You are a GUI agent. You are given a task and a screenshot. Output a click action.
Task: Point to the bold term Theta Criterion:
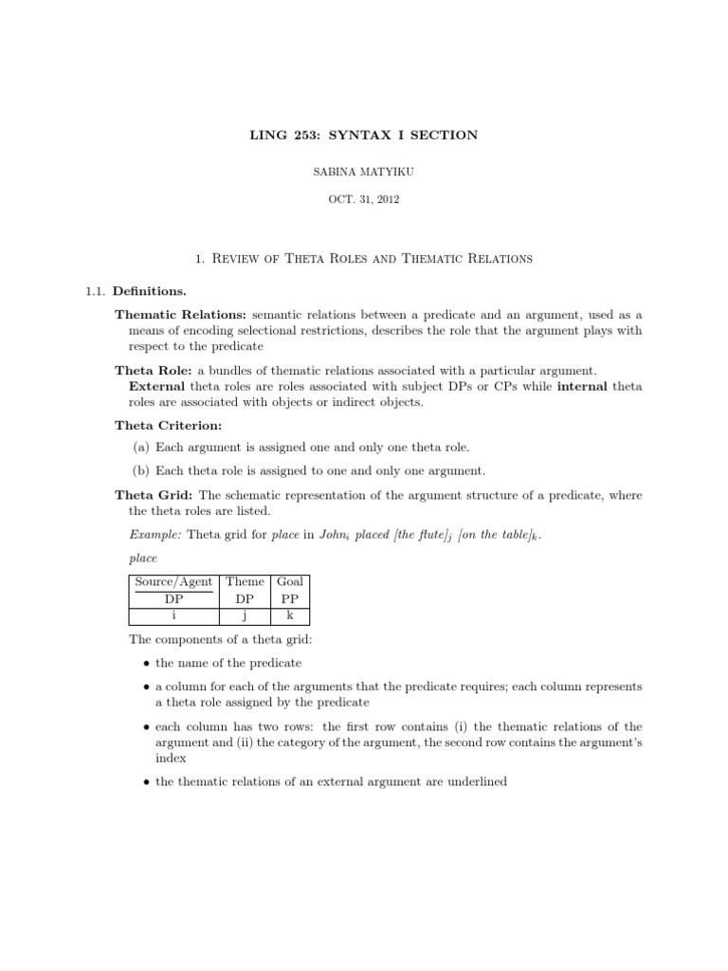168,426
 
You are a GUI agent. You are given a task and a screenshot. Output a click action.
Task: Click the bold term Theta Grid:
156,494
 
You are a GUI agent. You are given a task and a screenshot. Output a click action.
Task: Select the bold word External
157,386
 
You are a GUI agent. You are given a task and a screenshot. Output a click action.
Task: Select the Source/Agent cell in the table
173,581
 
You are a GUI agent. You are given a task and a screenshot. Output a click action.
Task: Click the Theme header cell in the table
246,581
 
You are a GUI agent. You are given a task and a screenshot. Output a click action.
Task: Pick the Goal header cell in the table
290,581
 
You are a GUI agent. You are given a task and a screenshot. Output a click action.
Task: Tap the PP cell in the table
290,598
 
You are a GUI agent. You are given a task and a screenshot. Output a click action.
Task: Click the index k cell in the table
290,614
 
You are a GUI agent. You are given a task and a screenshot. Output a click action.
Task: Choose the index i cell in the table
173,614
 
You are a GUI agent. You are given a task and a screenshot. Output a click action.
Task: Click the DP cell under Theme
246,598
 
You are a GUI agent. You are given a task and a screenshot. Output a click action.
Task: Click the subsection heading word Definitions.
156,290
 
